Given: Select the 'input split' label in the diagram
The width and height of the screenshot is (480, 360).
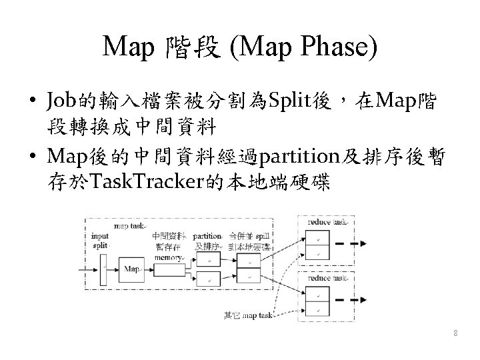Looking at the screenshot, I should pos(101,240).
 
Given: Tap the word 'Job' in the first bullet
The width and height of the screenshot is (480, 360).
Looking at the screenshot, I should pos(60,103).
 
